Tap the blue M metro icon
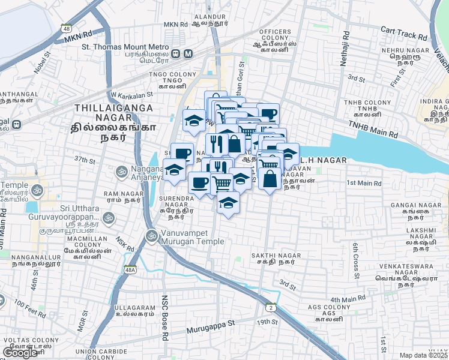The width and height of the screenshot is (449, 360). pyautogui.click(x=188, y=53)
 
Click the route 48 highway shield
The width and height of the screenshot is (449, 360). pyautogui.click(x=66, y=28)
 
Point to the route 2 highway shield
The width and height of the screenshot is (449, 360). pyautogui.click(x=271, y=308)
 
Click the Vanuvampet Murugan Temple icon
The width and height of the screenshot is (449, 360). pyautogui.click(x=151, y=236)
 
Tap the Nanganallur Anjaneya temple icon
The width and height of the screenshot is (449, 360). pyautogui.click(x=122, y=171)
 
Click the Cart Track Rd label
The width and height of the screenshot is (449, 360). pyautogui.click(x=403, y=30)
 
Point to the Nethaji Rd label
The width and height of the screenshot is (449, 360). pyautogui.click(x=345, y=49)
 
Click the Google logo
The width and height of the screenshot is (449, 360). pyautogui.click(x=20, y=353)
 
